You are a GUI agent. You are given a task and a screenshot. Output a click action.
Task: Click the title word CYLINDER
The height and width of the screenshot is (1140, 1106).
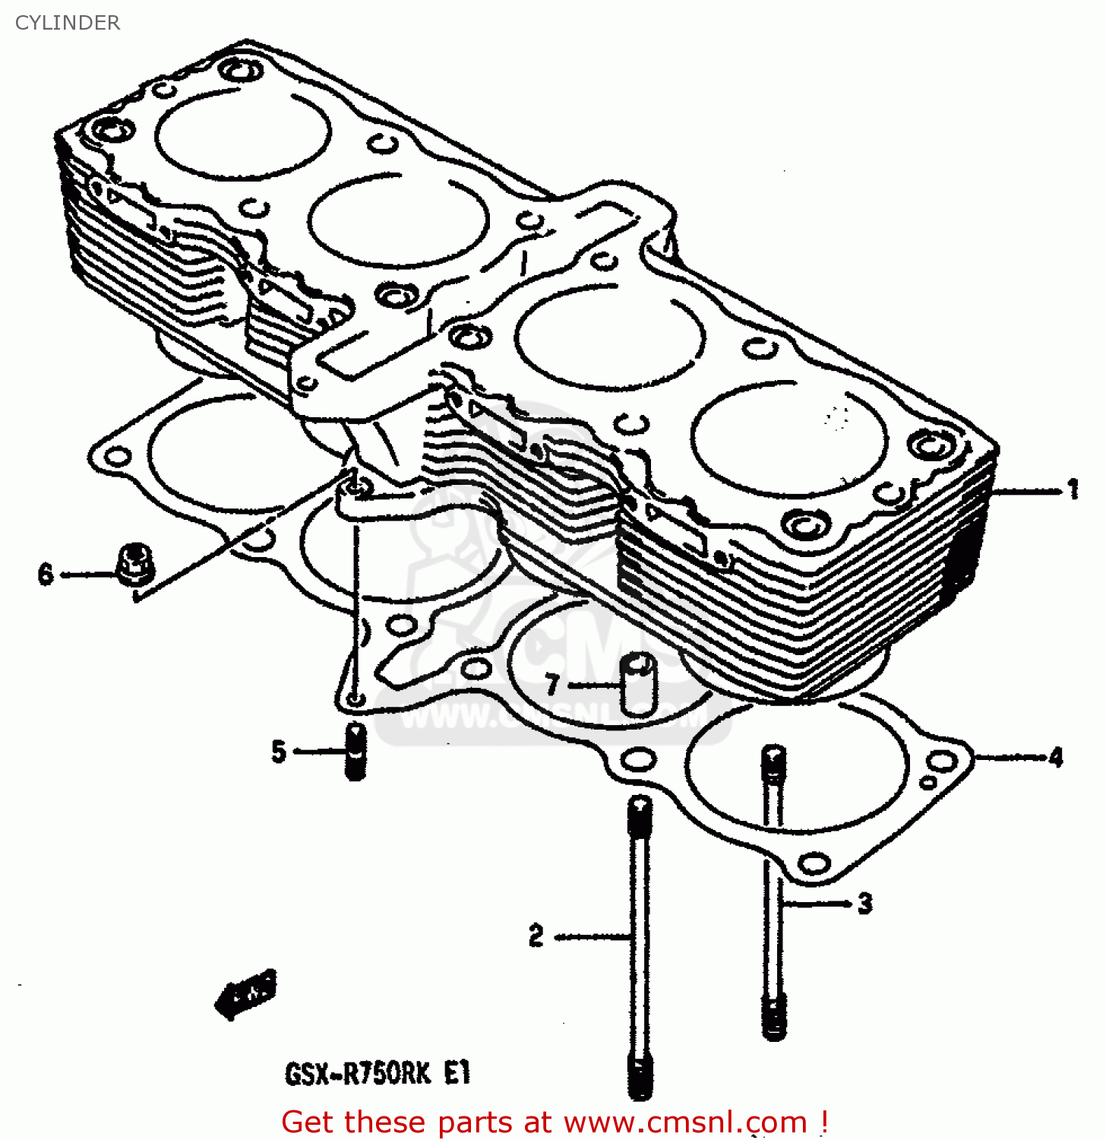[x=67, y=23]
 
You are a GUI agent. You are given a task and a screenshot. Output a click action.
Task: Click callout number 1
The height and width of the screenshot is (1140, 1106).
[x=1073, y=489]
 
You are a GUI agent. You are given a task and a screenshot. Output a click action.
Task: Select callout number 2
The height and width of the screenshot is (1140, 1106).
[x=536, y=936]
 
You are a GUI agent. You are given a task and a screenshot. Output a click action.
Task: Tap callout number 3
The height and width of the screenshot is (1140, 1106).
[x=864, y=904]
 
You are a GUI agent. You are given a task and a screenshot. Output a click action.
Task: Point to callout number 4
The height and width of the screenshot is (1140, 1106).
[x=1056, y=757]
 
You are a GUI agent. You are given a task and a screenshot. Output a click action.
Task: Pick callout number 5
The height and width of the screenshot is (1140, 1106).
[x=279, y=752]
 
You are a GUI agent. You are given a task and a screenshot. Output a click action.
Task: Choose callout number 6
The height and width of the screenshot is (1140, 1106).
[x=46, y=574]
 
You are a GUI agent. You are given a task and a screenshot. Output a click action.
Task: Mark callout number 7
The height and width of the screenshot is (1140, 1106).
[x=552, y=685]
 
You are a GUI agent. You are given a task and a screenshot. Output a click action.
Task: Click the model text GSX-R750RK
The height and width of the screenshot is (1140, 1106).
[x=358, y=1074]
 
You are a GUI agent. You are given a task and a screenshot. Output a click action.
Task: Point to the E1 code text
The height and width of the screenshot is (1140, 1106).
[x=457, y=1073]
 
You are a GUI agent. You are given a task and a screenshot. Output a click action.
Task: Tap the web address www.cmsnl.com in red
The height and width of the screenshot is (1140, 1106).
[x=685, y=1123]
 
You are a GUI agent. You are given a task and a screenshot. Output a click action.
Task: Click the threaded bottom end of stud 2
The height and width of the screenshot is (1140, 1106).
[x=640, y=1075]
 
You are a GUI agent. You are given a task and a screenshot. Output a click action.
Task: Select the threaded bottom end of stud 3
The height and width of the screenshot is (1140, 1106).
[x=774, y=1018]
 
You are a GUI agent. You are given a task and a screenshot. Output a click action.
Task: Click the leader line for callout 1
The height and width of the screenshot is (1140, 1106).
[x=1025, y=492]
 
